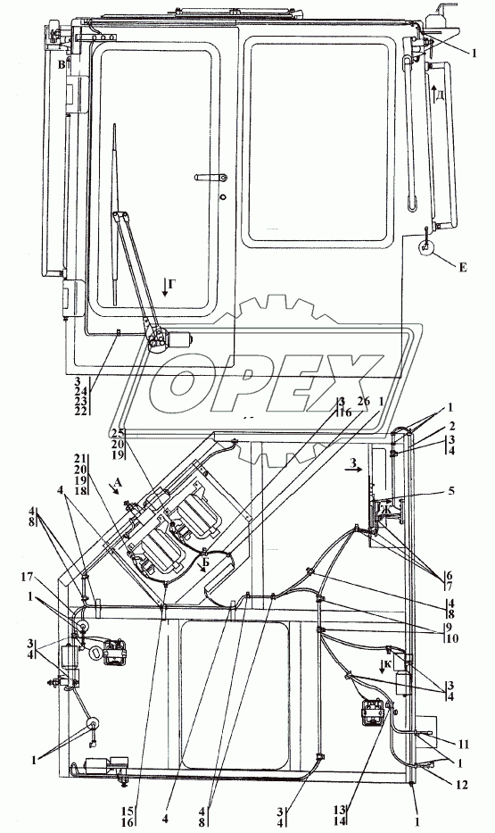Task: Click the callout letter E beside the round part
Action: click(463, 268)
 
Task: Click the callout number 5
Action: click(451, 491)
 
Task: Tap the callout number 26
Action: click(365, 402)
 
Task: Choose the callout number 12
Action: click(462, 784)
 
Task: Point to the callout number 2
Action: click(451, 428)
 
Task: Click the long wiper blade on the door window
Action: click(115, 214)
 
